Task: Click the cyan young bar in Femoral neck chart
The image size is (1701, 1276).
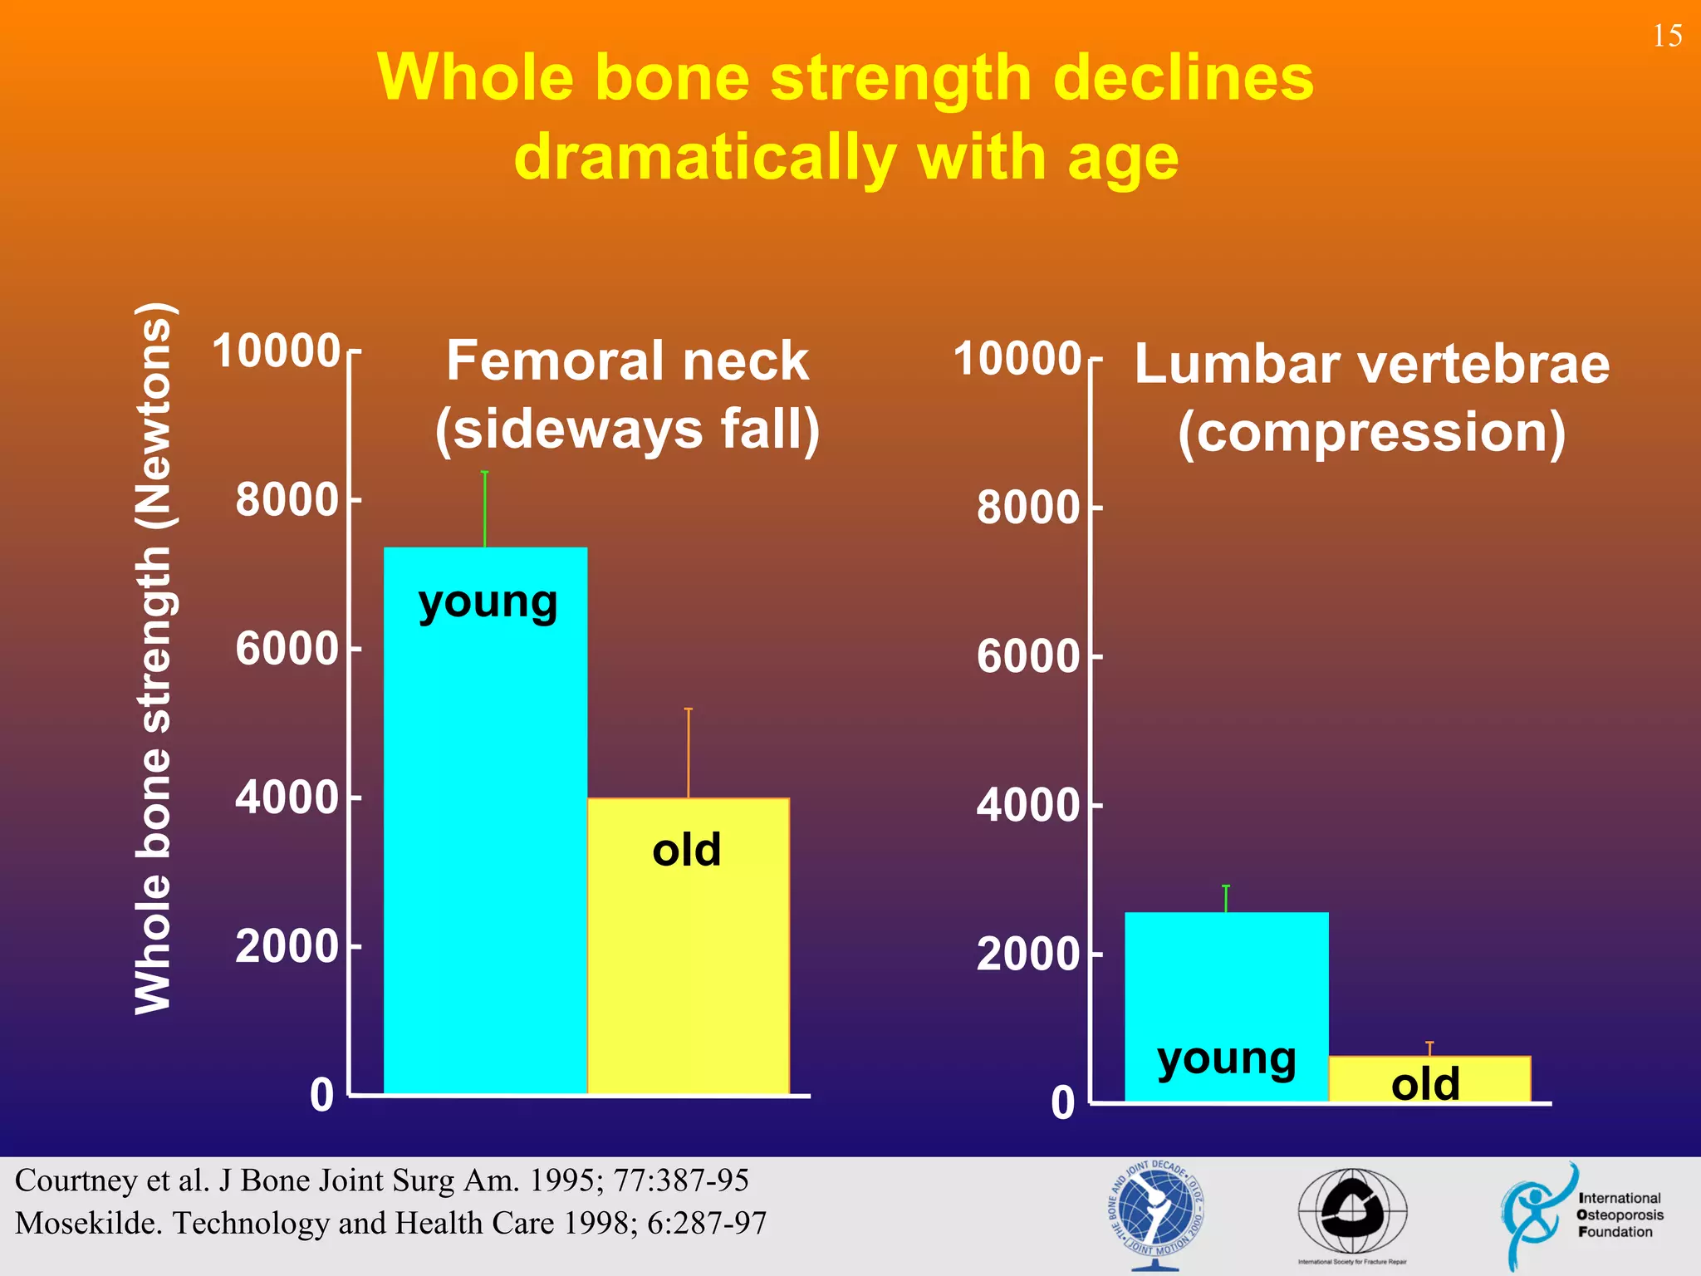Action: click(x=485, y=831)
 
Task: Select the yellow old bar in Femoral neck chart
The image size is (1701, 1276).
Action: click(x=688, y=955)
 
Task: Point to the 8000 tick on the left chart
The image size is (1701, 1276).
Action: click(x=287, y=500)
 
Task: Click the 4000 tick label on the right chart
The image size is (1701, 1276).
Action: click(x=1027, y=806)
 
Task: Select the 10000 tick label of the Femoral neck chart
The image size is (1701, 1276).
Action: click(x=277, y=351)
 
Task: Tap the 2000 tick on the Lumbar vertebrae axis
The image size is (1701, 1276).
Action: click(x=1027, y=955)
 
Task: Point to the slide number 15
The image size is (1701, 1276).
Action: click(x=1667, y=36)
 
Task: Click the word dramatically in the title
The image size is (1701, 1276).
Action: click(x=705, y=158)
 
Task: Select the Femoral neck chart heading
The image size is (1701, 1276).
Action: click(x=627, y=395)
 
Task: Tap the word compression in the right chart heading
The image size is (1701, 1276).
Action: click(x=1372, y=433)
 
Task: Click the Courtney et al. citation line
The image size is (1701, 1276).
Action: click(x=382, y=1180)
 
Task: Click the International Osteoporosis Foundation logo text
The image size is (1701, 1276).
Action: click(x=1620, y=1215)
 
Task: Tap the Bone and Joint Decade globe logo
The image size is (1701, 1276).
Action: click(x=1155, y=1215)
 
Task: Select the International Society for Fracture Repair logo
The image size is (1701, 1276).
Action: click(x=1352, y=1215)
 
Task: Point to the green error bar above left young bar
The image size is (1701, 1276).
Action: click(x=485, y=509)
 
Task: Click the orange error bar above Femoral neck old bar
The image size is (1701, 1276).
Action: click(x=688, y=753)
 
